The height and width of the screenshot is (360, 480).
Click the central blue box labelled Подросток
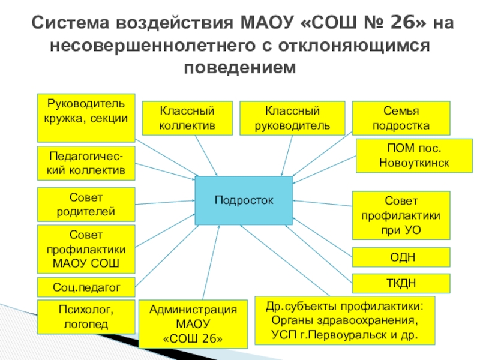[x=244, y=200]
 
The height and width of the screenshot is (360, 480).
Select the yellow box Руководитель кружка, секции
[x=86, y=111]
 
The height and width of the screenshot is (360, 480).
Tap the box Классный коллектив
[x=187, y=118]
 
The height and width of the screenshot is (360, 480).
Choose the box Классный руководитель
[x=292, y=118]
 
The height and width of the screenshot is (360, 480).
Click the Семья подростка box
[x=401, y=118]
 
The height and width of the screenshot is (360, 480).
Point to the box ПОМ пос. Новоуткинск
[x=403, y=155]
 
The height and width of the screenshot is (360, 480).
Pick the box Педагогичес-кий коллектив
[x=86, y=163]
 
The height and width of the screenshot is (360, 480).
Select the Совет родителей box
[x=86, y=205]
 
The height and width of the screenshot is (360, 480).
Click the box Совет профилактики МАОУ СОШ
[x=86, y=250]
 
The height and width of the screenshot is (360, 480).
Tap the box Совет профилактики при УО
[x=401, y=215]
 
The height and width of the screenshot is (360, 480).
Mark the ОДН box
[x=401, y=257]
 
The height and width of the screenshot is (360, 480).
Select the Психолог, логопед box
[x=86, y=317]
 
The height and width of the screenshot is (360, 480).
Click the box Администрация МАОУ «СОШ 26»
[x=193, y=324]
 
